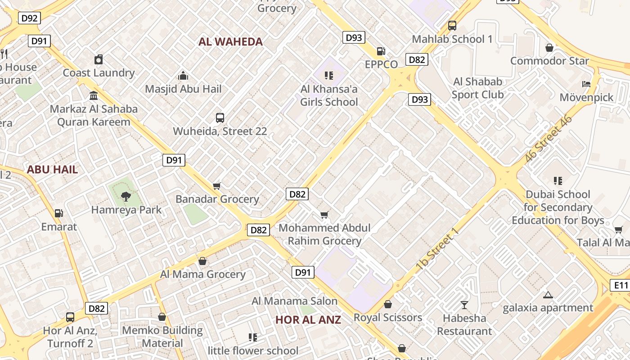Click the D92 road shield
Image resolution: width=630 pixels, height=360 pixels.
30,18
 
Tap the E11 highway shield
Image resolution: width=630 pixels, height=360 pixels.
621,285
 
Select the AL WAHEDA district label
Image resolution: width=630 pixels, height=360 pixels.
230,42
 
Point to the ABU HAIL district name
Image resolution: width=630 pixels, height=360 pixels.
52,170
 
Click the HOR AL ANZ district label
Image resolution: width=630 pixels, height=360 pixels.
308,320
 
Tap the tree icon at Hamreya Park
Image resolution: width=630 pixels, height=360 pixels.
126,196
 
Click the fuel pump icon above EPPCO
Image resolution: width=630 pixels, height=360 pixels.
381,51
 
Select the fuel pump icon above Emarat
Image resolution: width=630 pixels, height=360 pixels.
58,213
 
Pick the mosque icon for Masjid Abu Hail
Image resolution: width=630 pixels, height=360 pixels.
183,76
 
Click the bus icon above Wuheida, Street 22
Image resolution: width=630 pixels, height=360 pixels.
220,118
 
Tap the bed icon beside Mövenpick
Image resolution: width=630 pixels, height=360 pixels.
586,84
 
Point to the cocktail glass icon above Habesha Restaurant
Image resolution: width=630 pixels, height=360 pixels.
464,305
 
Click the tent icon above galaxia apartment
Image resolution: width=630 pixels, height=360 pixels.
548,295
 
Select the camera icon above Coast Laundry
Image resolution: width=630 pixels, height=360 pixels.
99,59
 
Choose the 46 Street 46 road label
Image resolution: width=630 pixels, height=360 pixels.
549,139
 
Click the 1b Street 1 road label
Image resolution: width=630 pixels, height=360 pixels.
437,250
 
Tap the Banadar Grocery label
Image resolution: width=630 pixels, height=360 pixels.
217,199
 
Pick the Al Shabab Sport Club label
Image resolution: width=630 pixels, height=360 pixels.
477,88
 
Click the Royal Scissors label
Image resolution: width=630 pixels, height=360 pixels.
388,318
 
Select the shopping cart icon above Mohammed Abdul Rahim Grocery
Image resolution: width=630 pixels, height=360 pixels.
324,215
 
